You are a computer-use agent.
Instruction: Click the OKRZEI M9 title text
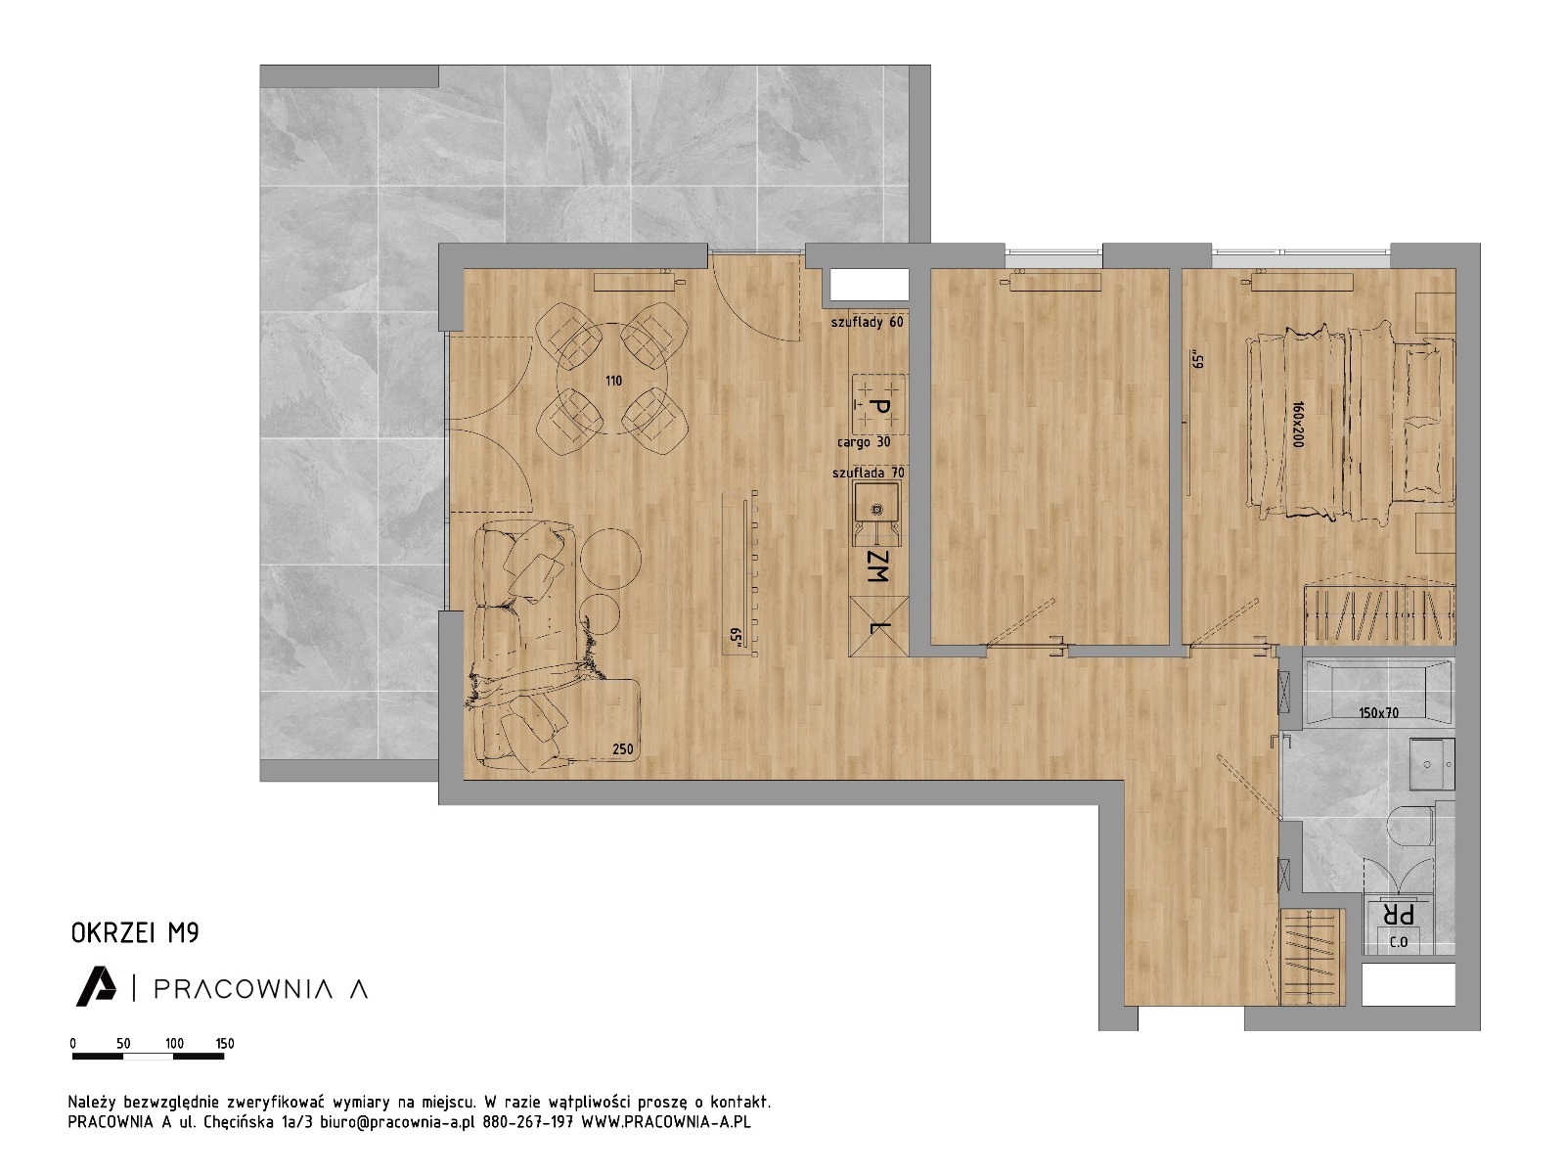(x=135, y=933)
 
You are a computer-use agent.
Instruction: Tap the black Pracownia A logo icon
(x=96, y=986)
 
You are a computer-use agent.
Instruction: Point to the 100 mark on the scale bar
(x=175, y=1044)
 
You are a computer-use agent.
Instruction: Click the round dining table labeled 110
(x=612, y=379)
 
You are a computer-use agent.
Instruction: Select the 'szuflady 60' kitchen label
(x=867, y=322)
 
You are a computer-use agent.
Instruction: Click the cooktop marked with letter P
(x=879, y=405)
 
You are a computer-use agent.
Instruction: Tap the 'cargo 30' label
(x=864, y=442)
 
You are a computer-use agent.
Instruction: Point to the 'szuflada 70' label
(x=868, y=473)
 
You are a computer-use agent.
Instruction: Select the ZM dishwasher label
(x=877, y=566)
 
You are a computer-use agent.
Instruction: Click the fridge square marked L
(x=878, y=626)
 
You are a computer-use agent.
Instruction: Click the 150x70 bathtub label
(x=1379, y=712)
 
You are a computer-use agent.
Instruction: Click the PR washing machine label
(x=1398, y=914)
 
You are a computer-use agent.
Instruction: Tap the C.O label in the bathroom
(x=1398, y=941)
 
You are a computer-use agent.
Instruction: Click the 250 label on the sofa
(x=622, y=749)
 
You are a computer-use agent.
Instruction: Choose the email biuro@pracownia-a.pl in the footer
(x=397, y=1121)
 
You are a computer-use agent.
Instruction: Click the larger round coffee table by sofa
(x=610, y=558)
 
